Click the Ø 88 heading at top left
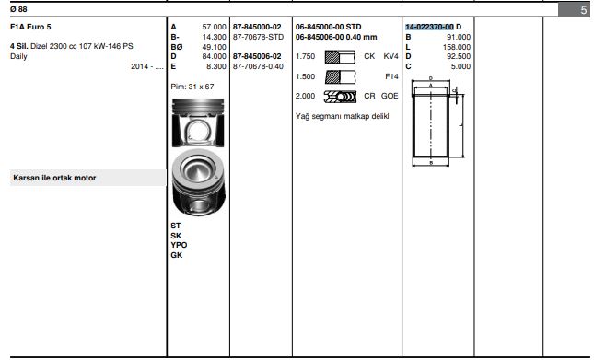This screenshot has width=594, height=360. pos(18,9)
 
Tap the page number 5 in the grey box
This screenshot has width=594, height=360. pos(583,10)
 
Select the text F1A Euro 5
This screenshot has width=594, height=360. pos(30,27)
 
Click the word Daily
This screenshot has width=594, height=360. pos(18,56)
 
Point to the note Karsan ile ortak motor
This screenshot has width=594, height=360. pos(54,178)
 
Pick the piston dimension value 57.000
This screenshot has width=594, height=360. pos(214,27)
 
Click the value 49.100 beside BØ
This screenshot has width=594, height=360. pos(214,47)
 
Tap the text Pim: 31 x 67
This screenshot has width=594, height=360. pos(192,87)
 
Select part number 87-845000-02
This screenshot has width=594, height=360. pos(257,27)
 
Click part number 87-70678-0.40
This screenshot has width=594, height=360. pos(258,66)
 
